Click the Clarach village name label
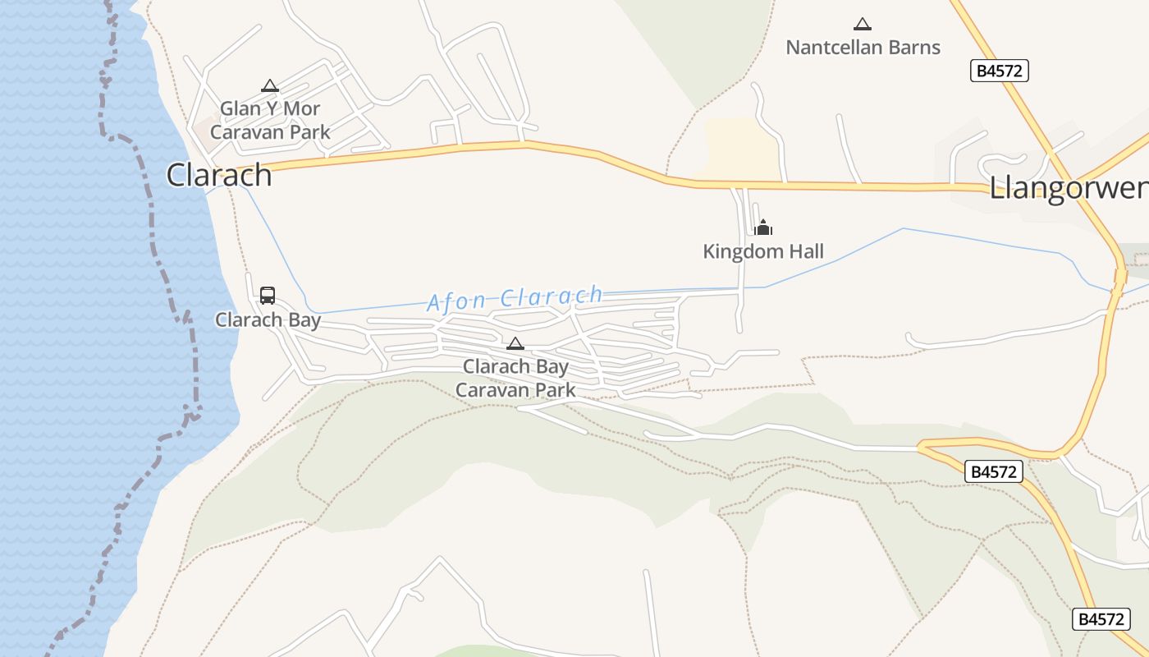click(219, 175)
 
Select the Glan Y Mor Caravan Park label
click(270, 120)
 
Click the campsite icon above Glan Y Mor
click(270, 85)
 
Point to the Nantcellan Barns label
click(863, 48)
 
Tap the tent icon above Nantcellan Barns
click(862, 25)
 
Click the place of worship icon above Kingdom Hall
click(763, 227)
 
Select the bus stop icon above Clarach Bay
click(268, 296)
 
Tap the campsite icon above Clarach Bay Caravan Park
click(515, 343)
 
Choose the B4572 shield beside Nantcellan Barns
click(999, 71)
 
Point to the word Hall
click(805, 251)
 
